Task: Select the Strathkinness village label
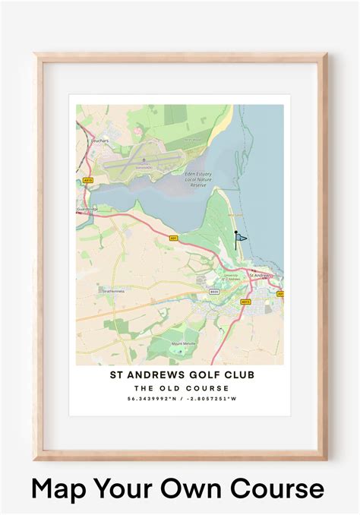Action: tap(113, 289)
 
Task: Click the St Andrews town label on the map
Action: tap(262, 275)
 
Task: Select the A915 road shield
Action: tap(245, 302)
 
